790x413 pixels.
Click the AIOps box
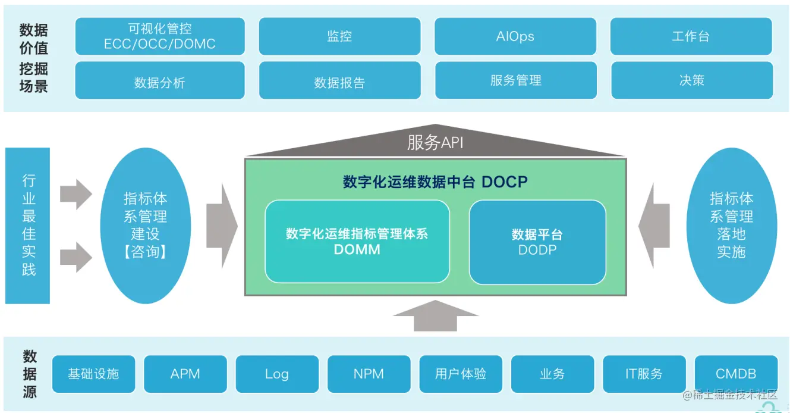(x=515, y=36)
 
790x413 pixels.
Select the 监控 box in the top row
(x=339, y=36)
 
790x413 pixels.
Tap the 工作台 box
(x=691, y=36)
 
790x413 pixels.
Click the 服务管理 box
(x=515, y=80)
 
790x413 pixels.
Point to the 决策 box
(x=691, y=80)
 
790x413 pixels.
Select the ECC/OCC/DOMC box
(x=160, y=36)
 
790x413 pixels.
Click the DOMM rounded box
(x=357, y=241)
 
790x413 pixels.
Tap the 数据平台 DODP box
(x=537, y=242)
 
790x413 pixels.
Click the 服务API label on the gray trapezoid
(x=435, y=143)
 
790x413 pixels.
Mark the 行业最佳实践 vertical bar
(x=28, y=226)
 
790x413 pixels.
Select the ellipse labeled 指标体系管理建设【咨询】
(x=145, y=226)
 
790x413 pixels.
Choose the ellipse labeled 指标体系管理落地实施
(x=731, y=226)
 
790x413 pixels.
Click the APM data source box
(x=185, y=374)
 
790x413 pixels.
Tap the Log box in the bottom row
(x=277, y=374)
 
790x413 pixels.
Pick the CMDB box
(x=736, y=374)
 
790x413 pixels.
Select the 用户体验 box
(x=461, y=374)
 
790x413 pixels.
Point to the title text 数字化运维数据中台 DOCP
(x=435, y=182)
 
